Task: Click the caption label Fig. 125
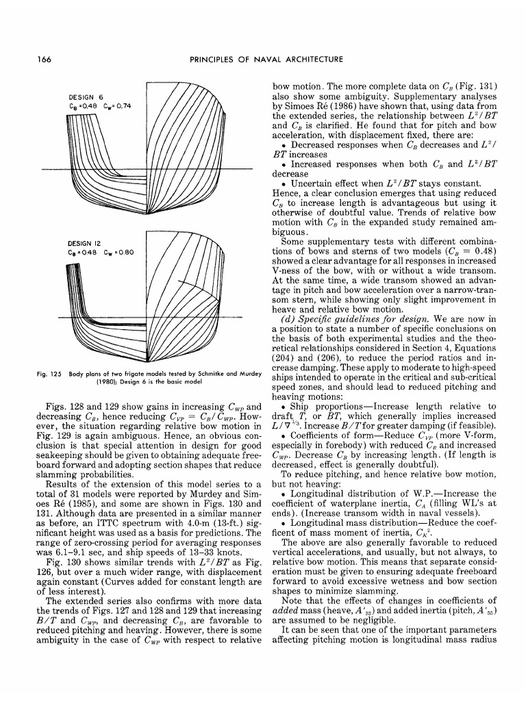click(48, 374)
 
